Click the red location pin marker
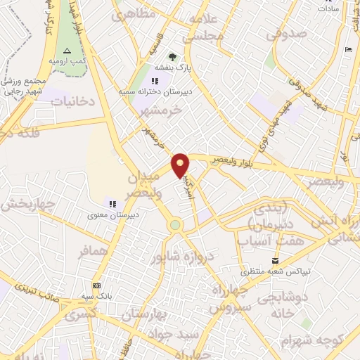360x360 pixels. (181, 165)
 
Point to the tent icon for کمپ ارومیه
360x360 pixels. (67, 51)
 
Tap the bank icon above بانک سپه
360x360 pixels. (96, 285)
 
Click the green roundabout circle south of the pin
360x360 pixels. (175, 225)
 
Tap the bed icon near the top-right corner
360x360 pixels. (348, 49)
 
